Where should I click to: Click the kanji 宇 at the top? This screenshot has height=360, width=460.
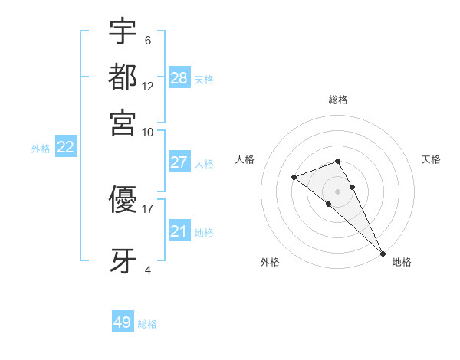[x=123, y=33]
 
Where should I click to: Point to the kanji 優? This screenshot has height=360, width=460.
[x=123, y=201]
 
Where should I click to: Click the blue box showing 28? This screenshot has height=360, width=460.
[x=179, y=77]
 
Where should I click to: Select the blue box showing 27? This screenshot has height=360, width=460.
[x=179, y=162]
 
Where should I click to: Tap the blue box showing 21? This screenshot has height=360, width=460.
[x=179, y=231]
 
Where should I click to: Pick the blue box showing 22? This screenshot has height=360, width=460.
[x=65, y=148]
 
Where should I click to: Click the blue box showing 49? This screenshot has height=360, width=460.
[x=123, y=322]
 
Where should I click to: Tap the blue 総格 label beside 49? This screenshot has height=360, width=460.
[x=147, y=324]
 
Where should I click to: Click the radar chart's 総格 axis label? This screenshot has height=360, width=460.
[x=337, y=100]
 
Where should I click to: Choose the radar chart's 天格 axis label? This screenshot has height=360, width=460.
[x=431, y=159]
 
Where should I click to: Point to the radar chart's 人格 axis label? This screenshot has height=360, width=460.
[x=245, y=159]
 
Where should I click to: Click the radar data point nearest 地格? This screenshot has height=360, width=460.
[x=382, y=252]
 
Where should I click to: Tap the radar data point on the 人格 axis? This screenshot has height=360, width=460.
[x=294, y=178]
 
